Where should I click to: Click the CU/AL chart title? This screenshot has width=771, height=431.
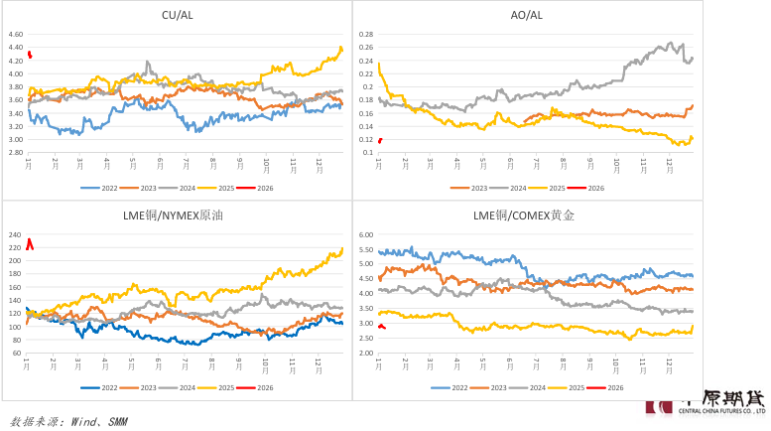point(177,15)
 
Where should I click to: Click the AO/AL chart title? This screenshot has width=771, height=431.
point(526,15)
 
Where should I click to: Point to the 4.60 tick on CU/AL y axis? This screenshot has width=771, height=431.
point(15,34)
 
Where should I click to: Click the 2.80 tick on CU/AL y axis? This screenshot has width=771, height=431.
point(15,139)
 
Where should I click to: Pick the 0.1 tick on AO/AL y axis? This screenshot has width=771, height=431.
point(367,152)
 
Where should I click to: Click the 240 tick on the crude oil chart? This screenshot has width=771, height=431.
point(15,234)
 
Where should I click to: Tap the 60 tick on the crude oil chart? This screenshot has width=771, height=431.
point(17,353)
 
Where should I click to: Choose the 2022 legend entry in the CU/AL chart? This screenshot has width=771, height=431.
point(99,188)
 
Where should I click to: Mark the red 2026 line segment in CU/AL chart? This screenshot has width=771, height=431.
point(30,55)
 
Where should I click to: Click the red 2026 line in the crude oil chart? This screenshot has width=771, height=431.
point(30,242)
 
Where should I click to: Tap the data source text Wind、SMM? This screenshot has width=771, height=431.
point(67,421)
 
